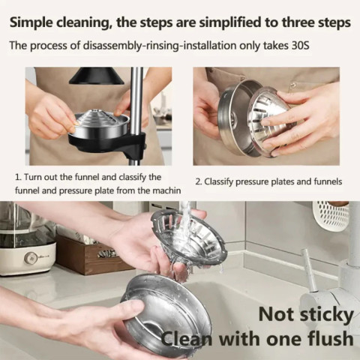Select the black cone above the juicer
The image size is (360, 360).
click(x=97, y=76)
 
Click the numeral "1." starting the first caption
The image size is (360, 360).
click(x=19, y=178)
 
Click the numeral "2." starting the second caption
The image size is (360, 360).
click(x=199, y=182)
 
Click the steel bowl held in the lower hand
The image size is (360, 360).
click(x=165, y=311)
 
